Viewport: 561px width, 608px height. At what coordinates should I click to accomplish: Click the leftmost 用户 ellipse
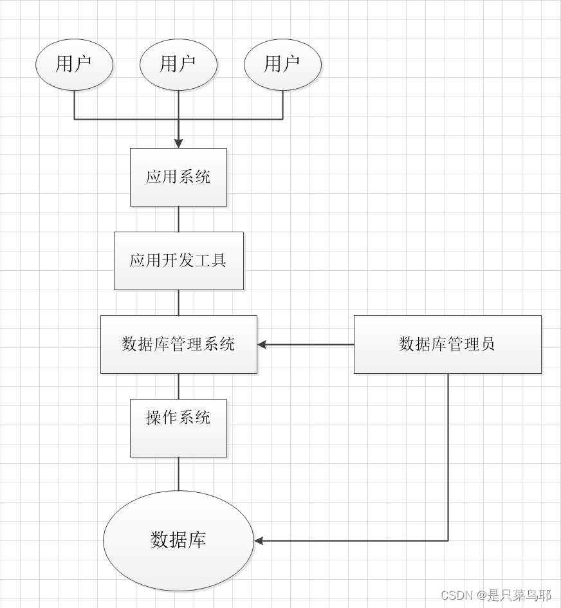coord(74,64)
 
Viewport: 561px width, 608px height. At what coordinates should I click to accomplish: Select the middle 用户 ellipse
coord(178,64)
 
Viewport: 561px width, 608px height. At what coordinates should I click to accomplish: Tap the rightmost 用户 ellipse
coord(282,64)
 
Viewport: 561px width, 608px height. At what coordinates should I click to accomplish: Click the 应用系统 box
coord(178,177)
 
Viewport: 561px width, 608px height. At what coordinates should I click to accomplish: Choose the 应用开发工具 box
coord(178,261)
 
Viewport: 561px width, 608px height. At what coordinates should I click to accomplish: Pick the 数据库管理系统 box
coord(178,344)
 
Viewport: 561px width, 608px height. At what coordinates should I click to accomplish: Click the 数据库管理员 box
coord(447,344)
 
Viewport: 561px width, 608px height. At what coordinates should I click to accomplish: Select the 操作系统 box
coord(178,428)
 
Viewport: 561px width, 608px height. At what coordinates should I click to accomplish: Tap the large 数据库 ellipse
coord(178,540)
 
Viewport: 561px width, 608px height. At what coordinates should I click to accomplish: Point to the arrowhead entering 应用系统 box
coord(178,143)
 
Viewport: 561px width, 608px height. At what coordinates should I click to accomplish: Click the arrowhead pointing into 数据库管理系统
coord(262,345)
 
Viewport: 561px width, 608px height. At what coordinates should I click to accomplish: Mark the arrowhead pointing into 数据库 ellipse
coord(259,541)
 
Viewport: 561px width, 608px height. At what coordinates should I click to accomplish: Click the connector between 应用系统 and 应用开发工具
coord(178,219)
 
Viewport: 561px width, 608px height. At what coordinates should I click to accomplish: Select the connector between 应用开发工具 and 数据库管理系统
coord(178,302)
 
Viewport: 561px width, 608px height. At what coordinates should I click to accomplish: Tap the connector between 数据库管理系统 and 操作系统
coord(178,386)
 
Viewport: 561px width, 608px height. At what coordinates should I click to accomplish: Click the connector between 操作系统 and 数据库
coord(178,474)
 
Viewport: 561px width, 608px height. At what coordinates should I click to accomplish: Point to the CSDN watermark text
coord(495,595)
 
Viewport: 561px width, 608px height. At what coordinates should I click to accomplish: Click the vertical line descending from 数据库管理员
coord(448,457)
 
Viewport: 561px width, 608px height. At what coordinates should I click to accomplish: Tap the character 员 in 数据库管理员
coord(488,344)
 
